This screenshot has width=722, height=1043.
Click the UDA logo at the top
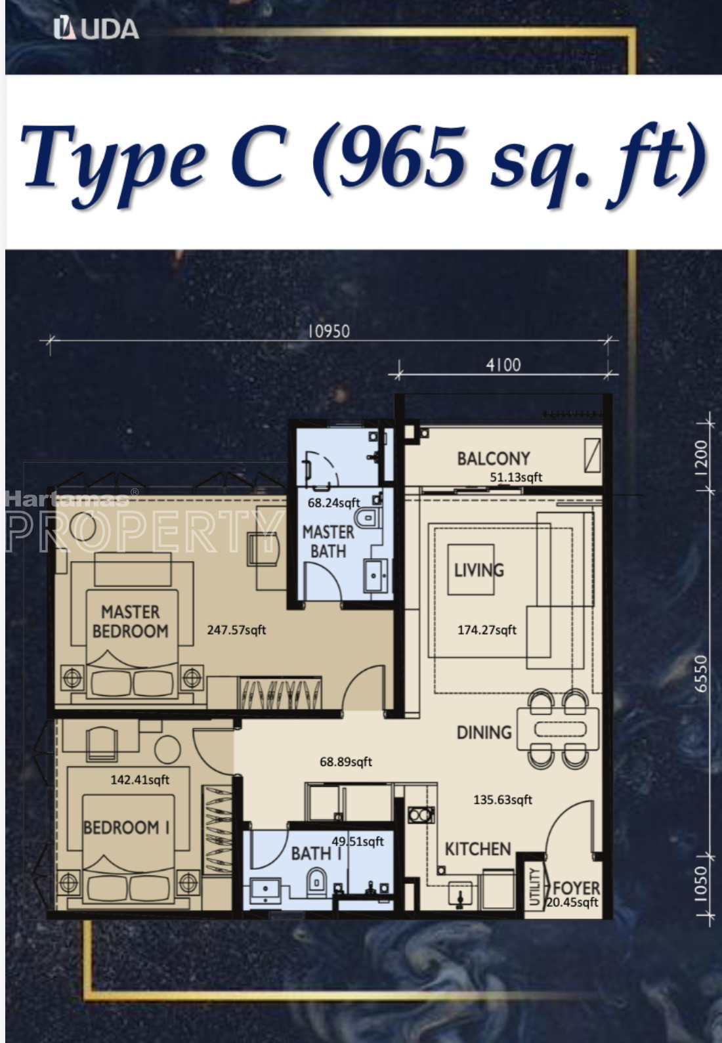96,30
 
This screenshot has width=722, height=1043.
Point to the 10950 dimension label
329,331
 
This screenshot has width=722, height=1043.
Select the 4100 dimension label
503,364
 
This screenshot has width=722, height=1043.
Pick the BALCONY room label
494,459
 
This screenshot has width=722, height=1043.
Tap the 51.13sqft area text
516,477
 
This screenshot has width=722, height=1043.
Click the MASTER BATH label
328,542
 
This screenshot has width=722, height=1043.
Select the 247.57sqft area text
236,630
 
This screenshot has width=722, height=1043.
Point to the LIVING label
479,570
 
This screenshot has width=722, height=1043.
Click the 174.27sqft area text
487,630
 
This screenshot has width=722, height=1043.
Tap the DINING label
484,733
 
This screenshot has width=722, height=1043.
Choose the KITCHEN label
478,849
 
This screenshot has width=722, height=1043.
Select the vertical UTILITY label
535,887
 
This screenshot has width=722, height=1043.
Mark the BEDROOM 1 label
126,828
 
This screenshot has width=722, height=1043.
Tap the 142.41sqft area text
140,780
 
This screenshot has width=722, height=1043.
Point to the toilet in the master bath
368,519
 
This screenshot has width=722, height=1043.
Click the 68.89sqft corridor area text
346,762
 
